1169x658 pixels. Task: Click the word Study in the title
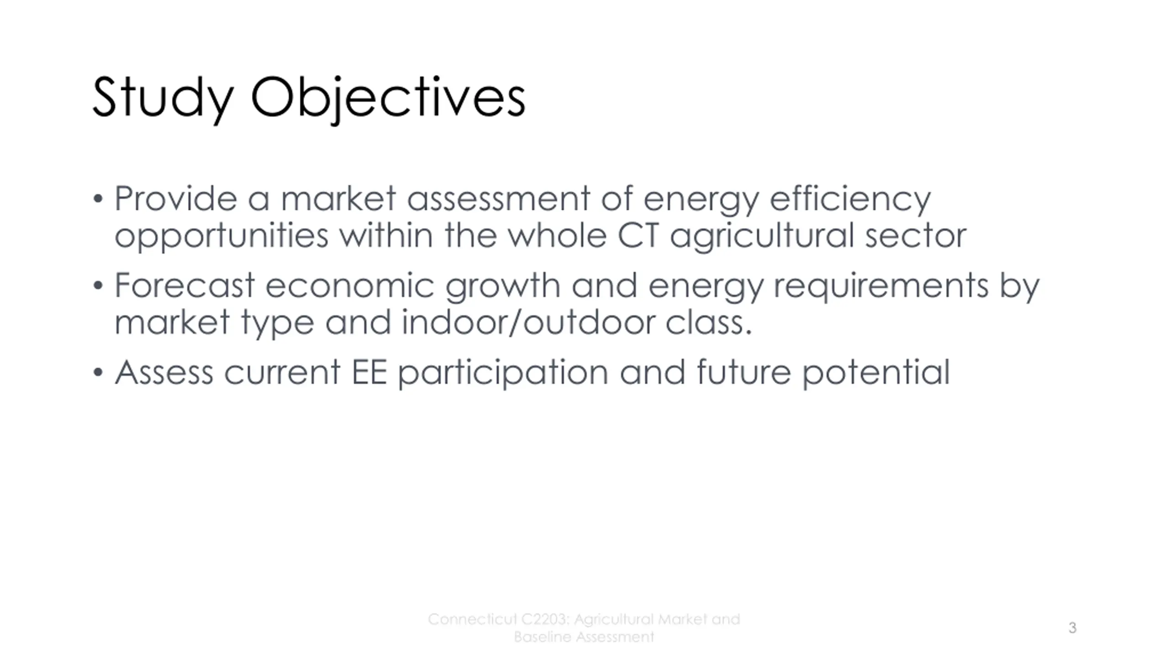tap(163, 99)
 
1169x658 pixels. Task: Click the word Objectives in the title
tap(388, 99)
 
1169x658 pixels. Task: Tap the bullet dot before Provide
tap(98, 199)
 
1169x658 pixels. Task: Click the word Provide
tap(176, 199)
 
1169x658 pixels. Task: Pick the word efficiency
tap(850, 200)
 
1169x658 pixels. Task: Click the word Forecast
tap(184, 286)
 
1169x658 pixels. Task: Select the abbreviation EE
tap(369, 372)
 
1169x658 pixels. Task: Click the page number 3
tap(1073, 628)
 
